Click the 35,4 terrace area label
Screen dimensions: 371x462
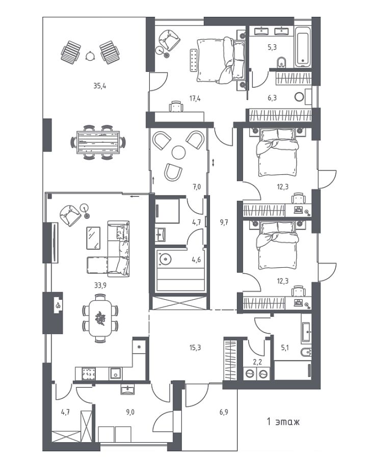100,86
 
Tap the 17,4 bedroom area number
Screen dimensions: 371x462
195,98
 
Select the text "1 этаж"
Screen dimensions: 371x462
283,422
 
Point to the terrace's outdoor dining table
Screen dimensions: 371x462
98,142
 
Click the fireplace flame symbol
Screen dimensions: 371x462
59,305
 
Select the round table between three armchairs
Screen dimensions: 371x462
178,152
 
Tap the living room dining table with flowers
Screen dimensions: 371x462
100,319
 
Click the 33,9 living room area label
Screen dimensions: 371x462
100,285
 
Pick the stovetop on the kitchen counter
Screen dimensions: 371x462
88,374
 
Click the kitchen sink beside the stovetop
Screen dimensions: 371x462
115,374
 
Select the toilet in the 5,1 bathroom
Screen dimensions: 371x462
306,352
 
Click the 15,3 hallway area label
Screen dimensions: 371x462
195,348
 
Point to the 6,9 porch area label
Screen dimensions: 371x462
224,412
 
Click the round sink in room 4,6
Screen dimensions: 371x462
165,259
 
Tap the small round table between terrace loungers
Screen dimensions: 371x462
90,56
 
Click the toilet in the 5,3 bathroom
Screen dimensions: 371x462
282,62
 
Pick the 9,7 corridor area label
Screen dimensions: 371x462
224,222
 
